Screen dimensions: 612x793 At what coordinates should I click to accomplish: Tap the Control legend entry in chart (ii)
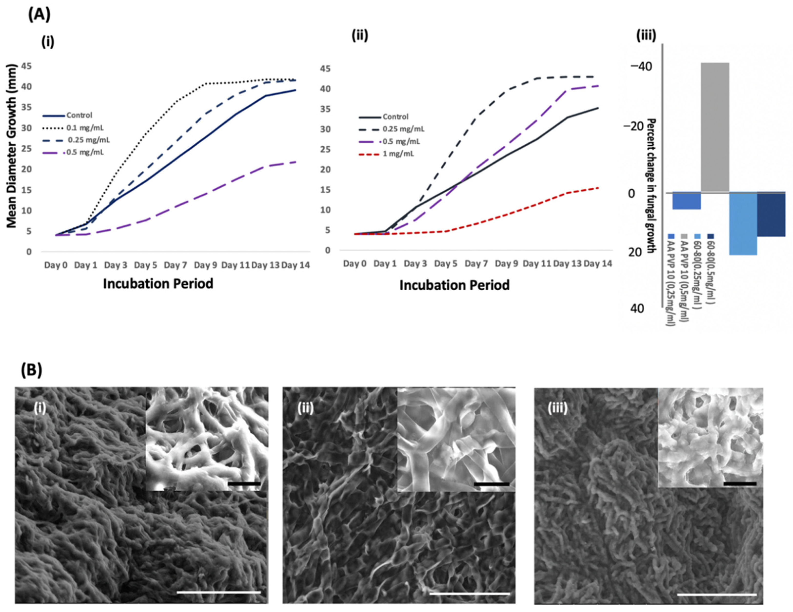click(x=395, y=117)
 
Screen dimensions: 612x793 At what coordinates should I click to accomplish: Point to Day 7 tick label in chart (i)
click(x=175, y=265)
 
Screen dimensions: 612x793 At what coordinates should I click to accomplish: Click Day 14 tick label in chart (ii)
click(x=598, y=264)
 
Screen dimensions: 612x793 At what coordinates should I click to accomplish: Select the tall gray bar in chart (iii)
click(x=715, y=127)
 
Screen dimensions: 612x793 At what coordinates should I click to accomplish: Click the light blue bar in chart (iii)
click(x=743, y=224)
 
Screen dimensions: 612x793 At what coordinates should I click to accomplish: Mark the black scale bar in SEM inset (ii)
click(x=492, y=484)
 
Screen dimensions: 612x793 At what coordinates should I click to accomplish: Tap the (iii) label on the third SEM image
click(x=557, y=409)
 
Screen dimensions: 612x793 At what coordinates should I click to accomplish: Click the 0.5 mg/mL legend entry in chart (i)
click(x=85, y=152)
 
